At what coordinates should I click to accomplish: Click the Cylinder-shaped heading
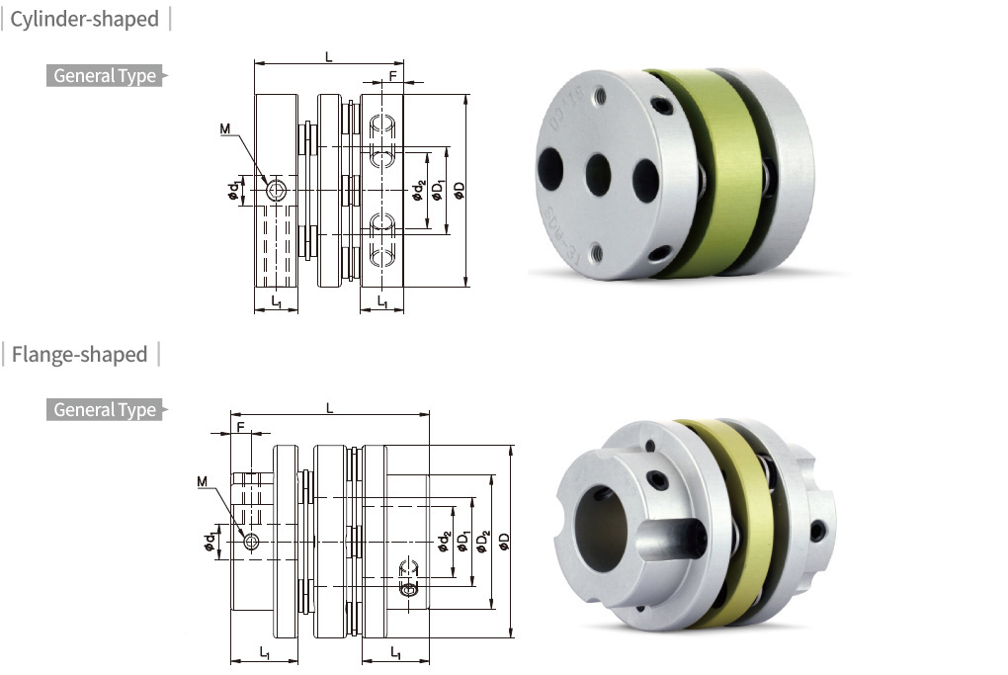84,19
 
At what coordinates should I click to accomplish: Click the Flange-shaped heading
79,354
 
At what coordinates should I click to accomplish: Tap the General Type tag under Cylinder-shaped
104,76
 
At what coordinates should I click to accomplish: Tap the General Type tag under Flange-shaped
104,409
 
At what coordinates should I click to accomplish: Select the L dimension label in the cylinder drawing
329,57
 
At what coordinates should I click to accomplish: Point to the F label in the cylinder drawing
392,76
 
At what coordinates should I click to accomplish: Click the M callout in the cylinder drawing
225,129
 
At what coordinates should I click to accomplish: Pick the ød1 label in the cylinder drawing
234,191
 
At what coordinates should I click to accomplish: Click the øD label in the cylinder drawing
459,191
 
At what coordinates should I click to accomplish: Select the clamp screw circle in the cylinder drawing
277,191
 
